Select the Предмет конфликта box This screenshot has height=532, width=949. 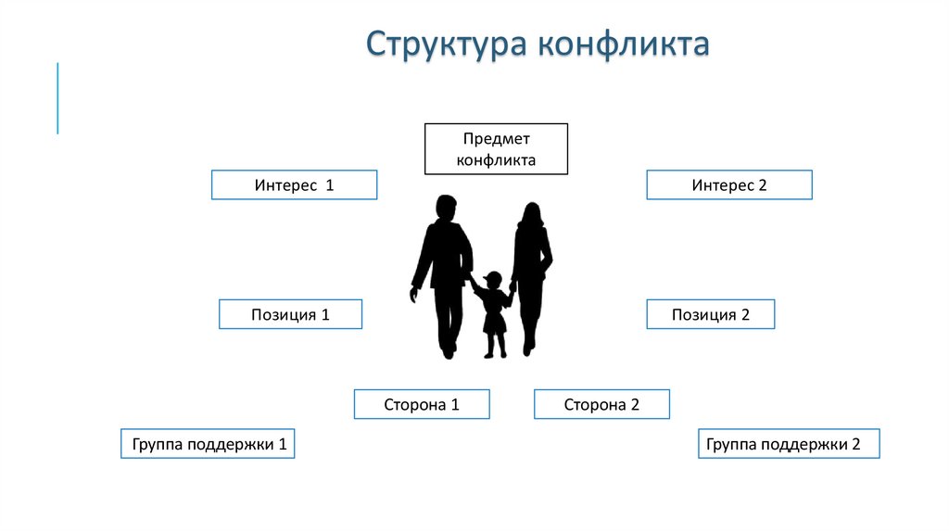click(x=496, y=148)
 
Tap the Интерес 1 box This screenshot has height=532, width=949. click(x=294, y=185)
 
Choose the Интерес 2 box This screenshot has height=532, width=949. click(x=728, y=185)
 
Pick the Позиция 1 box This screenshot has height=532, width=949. click(x=290, y=315)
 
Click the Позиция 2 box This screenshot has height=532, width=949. click(x=710, y=315)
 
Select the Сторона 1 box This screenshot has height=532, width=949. click(x=422, y=404)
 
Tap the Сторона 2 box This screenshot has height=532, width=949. click(x=601, y=404)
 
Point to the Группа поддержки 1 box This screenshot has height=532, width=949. click(x=208, y=444)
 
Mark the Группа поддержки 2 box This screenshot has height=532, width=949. click(x=788, y=444)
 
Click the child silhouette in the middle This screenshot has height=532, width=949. click(x=493, y=315)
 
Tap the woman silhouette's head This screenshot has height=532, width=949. click(x=530, y=214)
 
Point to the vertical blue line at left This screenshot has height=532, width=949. click(x=57, y=98)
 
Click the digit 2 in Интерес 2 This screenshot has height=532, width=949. click(x=763, y=185)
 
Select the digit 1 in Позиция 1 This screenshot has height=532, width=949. click(x=325, y=315)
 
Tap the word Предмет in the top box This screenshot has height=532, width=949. click(x=496, y=139)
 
